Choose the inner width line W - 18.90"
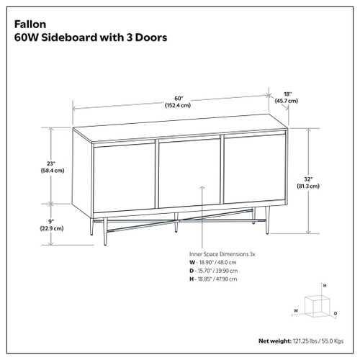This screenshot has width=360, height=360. (x=219, y=264)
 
